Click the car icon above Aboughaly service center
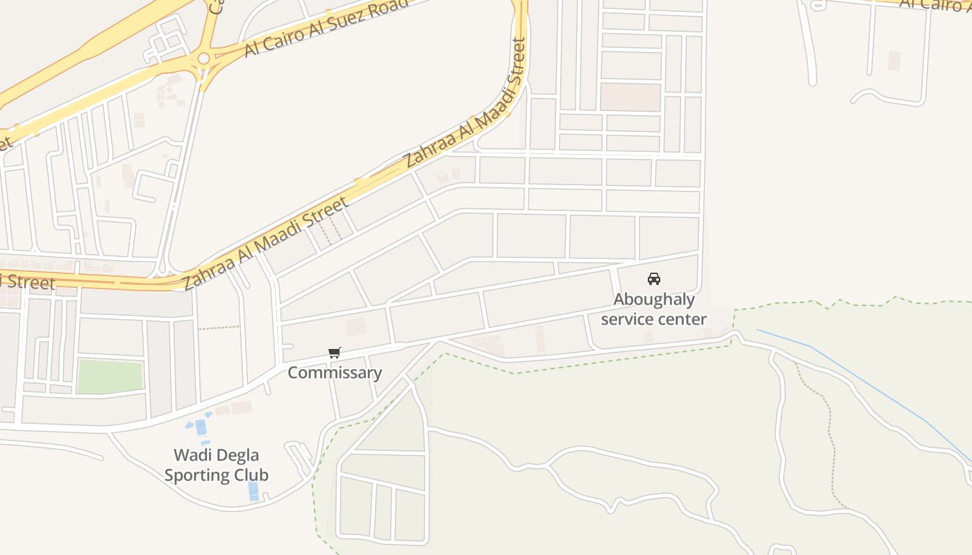(653, 279)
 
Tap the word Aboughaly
(653, 300)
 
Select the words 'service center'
(653, 319)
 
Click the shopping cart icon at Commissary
(335, 353)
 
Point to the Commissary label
(335, 373)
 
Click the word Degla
(239, 456)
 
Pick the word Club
(253, 475)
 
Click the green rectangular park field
(110, 376)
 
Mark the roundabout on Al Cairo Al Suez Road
(203, 59)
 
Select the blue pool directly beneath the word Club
(253, 490)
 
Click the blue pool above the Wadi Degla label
(201, 427)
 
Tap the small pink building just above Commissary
(355, 327)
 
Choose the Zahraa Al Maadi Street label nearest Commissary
(265, 244)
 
